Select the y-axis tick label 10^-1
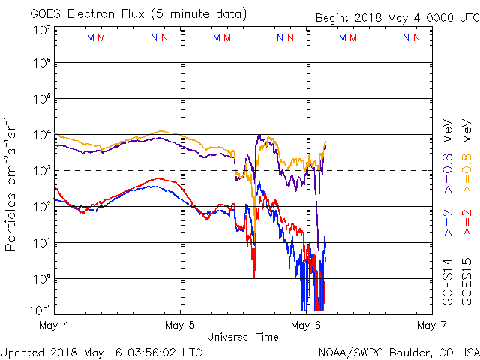pyautogui.click(x=39, y=310)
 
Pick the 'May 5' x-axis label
pyautogui.click(x=180, y=325)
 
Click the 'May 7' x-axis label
pyautogui.click(x=429, y=325)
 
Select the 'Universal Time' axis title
pyautogui.click(x=242, y=337)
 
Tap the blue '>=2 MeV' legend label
pyautogui.click(x=448, y=223)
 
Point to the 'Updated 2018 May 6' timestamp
pyautogui.click(x=101, y=352)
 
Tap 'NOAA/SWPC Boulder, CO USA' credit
pyautogui.click(x=397, y=352)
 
